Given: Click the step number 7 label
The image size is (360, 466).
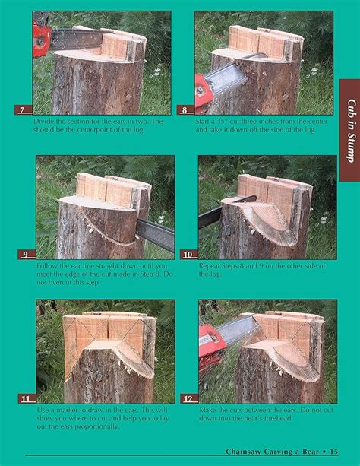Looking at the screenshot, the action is click(24, 110).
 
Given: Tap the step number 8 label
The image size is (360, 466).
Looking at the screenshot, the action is click(185, 110).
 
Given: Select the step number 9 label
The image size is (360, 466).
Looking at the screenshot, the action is click(27, 255).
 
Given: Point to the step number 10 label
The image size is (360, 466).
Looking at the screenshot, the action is click(188, 255).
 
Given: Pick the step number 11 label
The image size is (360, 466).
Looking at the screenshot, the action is click(27, 398).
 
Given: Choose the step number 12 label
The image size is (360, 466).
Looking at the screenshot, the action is click(188, 398).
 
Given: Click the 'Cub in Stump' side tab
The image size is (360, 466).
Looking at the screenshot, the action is click(350, 130).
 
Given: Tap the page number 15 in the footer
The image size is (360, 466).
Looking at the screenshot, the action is click(334, 452).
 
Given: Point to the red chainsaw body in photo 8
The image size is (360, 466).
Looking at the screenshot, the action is click(204, 93).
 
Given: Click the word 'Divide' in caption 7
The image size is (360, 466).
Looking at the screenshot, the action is click(43, 122).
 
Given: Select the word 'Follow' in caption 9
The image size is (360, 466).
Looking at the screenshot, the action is click(46, 265).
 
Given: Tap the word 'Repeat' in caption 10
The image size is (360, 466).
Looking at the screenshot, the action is click(210, 265).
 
